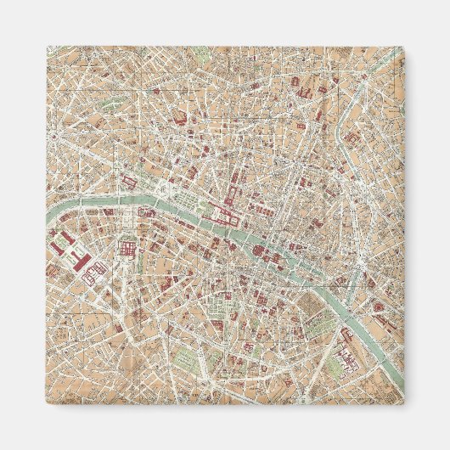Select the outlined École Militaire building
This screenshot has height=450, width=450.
[94, 271]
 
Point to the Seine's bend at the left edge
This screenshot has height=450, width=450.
[53, 222]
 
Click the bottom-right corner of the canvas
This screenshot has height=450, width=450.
[404, 404]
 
